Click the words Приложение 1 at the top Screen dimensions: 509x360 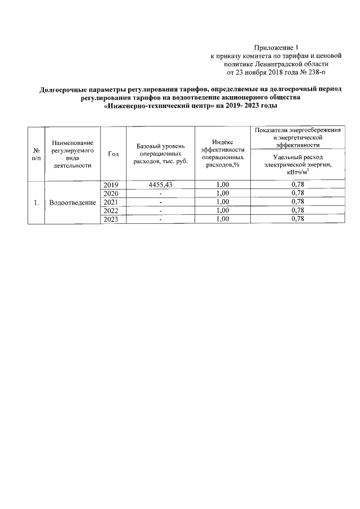click(274, 48)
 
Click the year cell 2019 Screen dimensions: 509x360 click(113, 185)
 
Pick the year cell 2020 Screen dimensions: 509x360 click(113, 193)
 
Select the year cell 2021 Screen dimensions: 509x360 click(113, 202)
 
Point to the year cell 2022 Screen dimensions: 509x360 click(113, 211)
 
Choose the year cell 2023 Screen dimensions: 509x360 click(113, 219)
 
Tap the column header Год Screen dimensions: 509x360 click(113, 154)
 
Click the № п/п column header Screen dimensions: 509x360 click(37, 154)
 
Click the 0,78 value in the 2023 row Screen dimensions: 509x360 click(298, 219)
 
